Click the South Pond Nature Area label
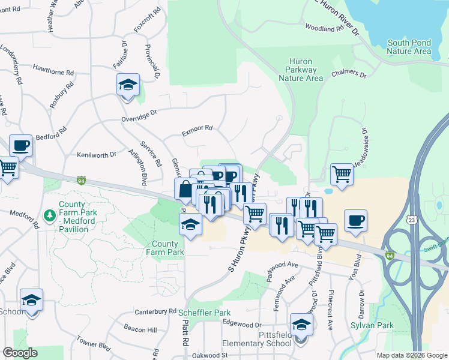pyautogui.click(x=409, y=47)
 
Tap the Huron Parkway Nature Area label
pyautogui.click(x=307, y=70)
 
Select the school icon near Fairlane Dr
pyautogui.click(x=128, y=85)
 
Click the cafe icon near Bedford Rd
pyautogui.click(x=20, y=146)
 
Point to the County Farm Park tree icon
pyautogui.click(x=50, y=214)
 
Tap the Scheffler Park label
pyautogui.click(x=204, y=313)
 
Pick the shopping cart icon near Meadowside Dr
pyautogui.click(x=342, y=175)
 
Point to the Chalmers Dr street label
pyautogui.click(x=348, y=76)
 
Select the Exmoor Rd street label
pyautogui.click(x=197, y=128)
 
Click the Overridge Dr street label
pyautogui.click(x=140, y=112)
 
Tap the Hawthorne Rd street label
pyautogui.click(x=53, y=71)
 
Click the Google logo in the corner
pyautogui.click(x=20, y=353)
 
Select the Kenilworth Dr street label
pyautogui.click(x=96, y=154)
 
